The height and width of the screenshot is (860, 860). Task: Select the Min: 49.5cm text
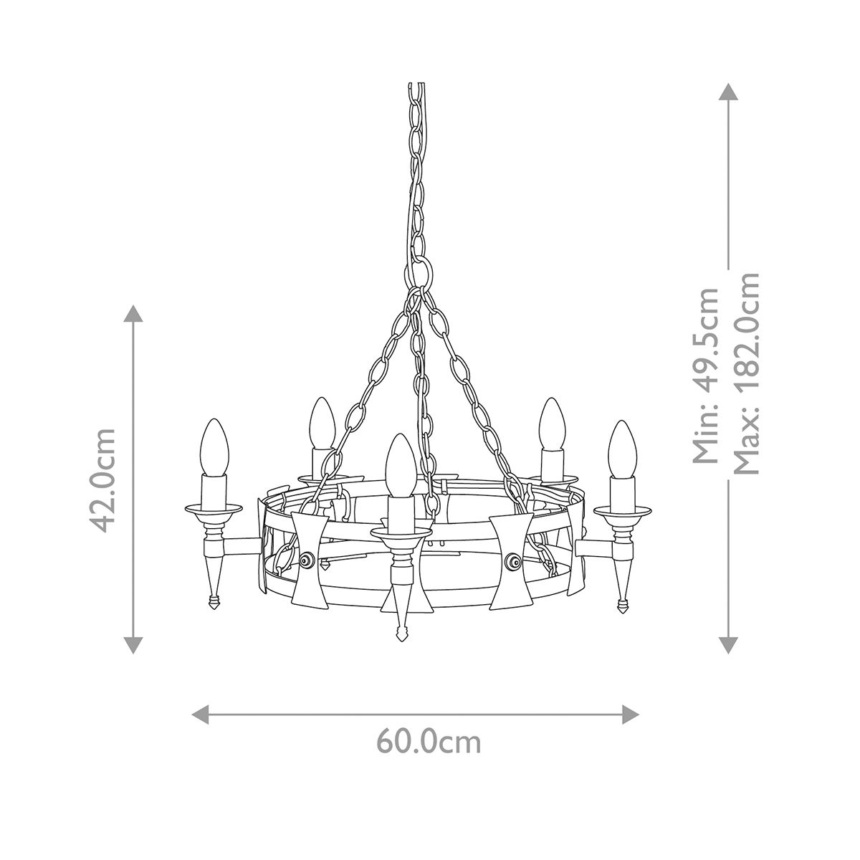708,376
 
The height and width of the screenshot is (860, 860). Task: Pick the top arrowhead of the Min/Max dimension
728,91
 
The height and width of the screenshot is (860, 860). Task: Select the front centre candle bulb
398,463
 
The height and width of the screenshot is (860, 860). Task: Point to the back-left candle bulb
321,423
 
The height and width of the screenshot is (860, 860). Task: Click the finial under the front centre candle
398,633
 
